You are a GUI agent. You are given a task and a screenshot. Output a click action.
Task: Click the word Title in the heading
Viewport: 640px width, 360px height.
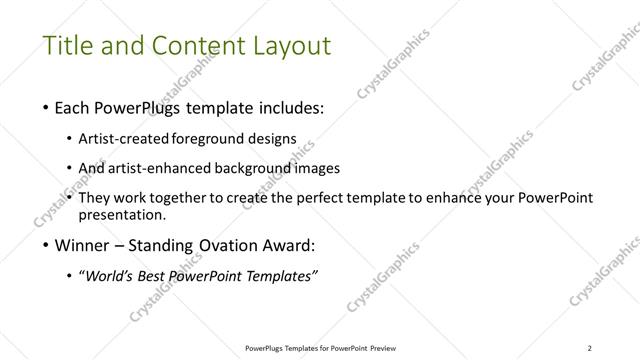tap(66, 46)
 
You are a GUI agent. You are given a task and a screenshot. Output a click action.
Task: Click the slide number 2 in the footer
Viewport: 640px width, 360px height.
tap(589, 347)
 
